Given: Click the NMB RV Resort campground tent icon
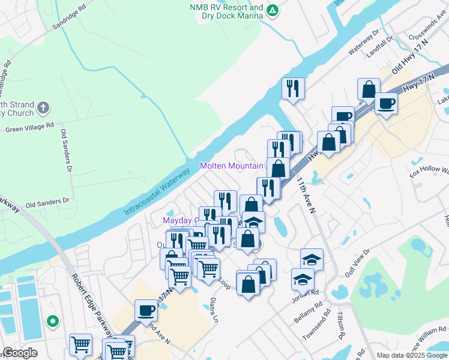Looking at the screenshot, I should pos(273,10).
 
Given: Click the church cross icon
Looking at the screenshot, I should pos(42,108).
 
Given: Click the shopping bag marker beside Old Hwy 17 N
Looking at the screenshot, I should pos(369,89).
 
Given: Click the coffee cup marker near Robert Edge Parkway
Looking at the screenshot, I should pos(146,310).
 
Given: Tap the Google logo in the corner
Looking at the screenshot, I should pos(20,353).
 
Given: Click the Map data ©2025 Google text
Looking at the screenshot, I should pos(412,355).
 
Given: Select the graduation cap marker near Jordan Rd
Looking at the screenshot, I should pos(303,279).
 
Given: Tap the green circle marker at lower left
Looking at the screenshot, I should pos(53,322).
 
